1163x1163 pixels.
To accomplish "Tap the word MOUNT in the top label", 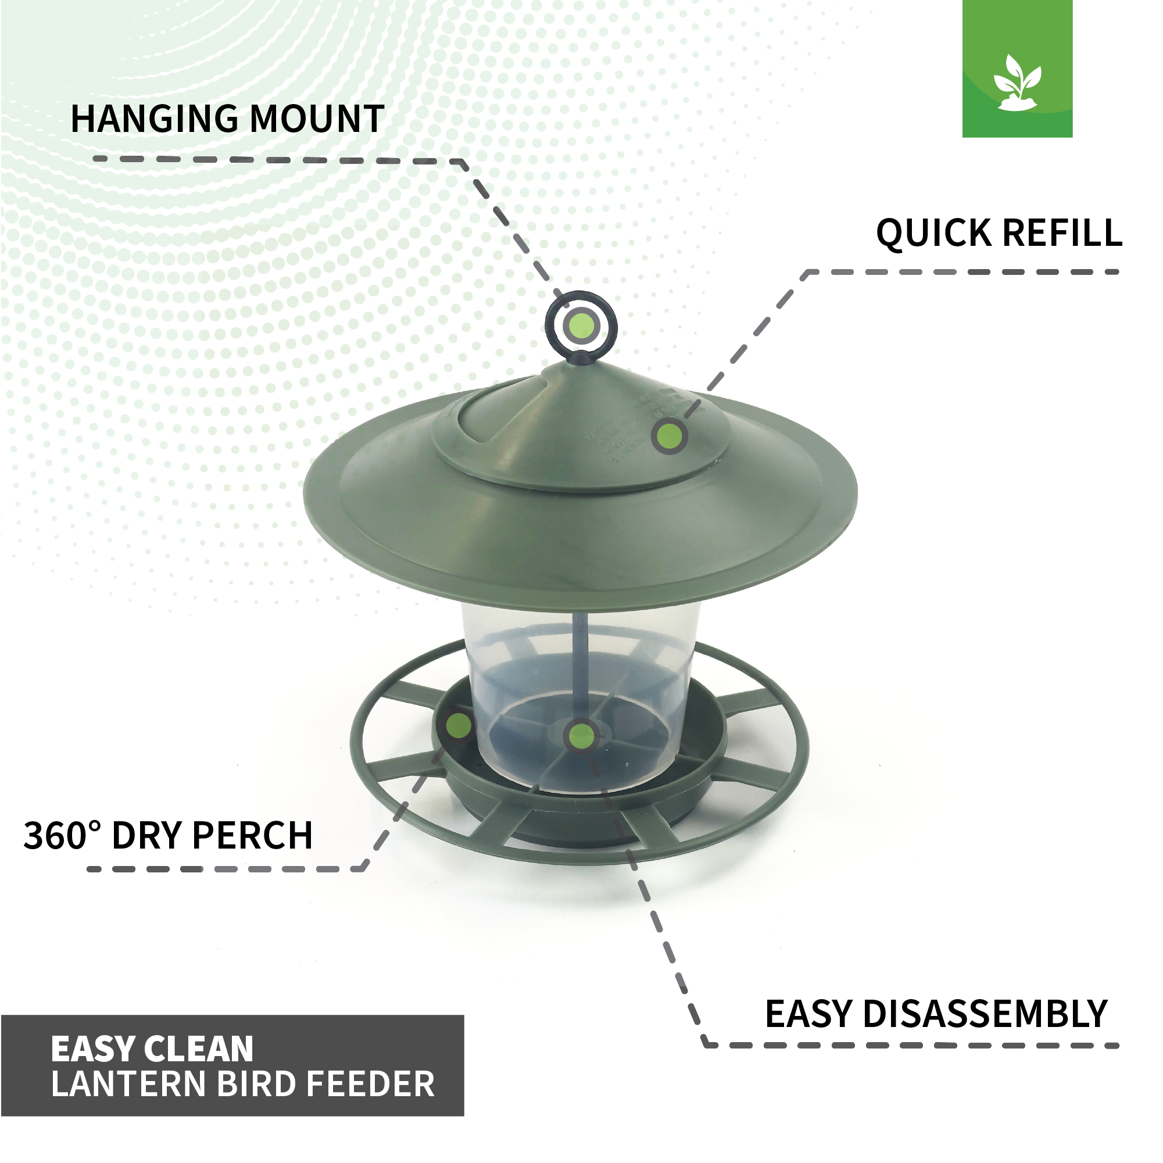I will pyautogui.click(x=317, y=119).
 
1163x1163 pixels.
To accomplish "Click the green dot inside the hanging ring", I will pyautogui.click(x=581, y=325).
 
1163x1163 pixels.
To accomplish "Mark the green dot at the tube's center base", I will pyautogui.click(x=581, y=736).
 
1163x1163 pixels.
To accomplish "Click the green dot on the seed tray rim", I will pyautogui.click(x=459, y=725).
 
